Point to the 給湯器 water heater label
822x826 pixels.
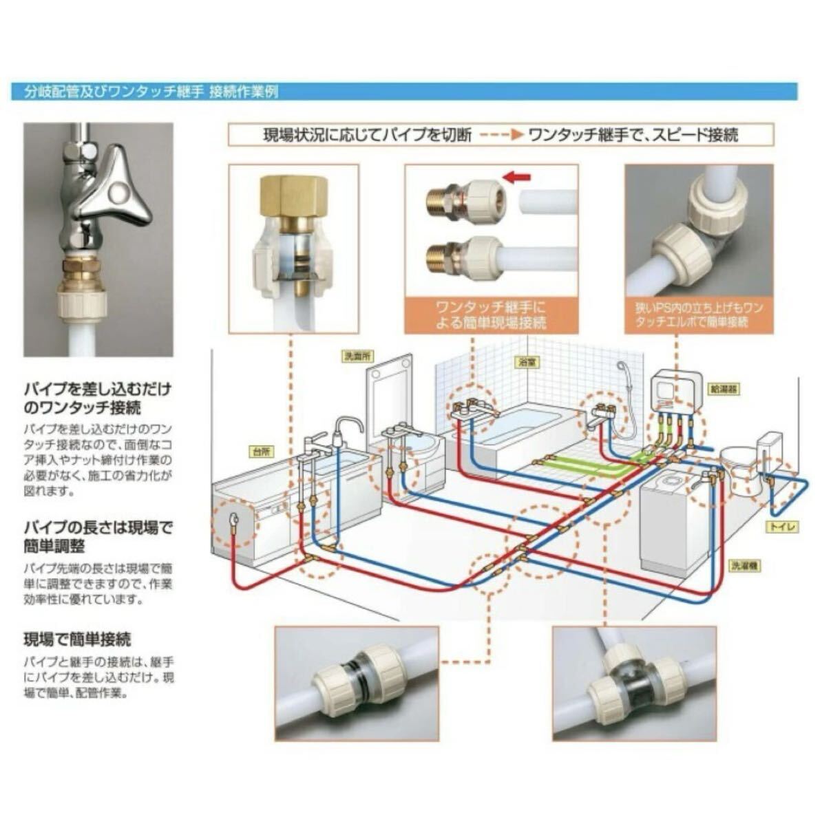[x=724, y=389]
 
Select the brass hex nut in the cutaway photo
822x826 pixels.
[x=293, y=195]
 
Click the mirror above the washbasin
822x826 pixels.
[x=390, y=393]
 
